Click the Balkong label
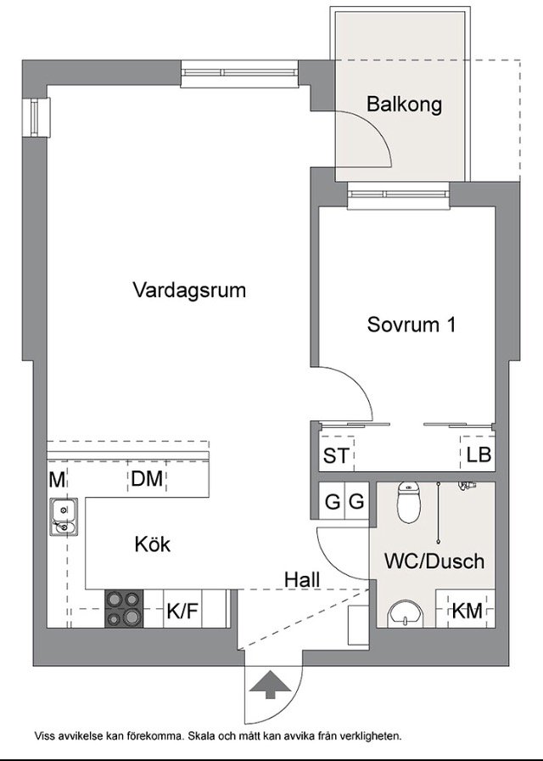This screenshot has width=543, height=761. coord(404,104)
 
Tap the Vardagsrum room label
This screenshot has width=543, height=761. coord(189,290)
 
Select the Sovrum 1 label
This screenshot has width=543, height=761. coord(411,324)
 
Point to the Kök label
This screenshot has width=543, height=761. coord(153,544)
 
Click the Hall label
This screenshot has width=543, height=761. coord(302,579)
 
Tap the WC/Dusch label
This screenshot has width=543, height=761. coord(434,561)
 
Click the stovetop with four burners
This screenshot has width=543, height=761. coord(125,609)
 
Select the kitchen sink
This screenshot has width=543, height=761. coord(64,517)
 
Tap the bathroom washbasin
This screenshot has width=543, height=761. coord(406,614)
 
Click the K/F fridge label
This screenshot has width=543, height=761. coord(182,611)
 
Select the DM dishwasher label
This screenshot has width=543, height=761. coord(147,479)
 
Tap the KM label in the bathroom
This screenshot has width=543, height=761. coord(467,611)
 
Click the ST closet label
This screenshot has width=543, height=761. coord(336,456)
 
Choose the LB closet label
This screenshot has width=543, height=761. coord(479,454)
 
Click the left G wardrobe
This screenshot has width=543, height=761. coord(332,501)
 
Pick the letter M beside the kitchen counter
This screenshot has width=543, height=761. coord(57,480)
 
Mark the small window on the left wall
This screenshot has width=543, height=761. coord(36,116)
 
